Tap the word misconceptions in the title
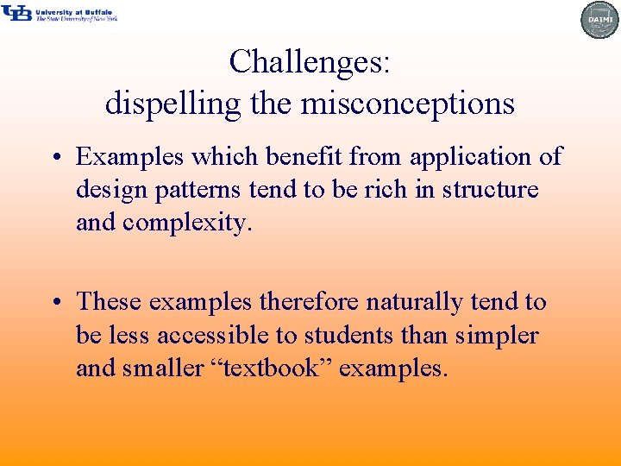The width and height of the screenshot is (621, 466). click(407, 104)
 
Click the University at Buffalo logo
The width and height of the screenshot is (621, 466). click(60, 13)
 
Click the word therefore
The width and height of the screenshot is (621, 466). click(310, 302)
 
